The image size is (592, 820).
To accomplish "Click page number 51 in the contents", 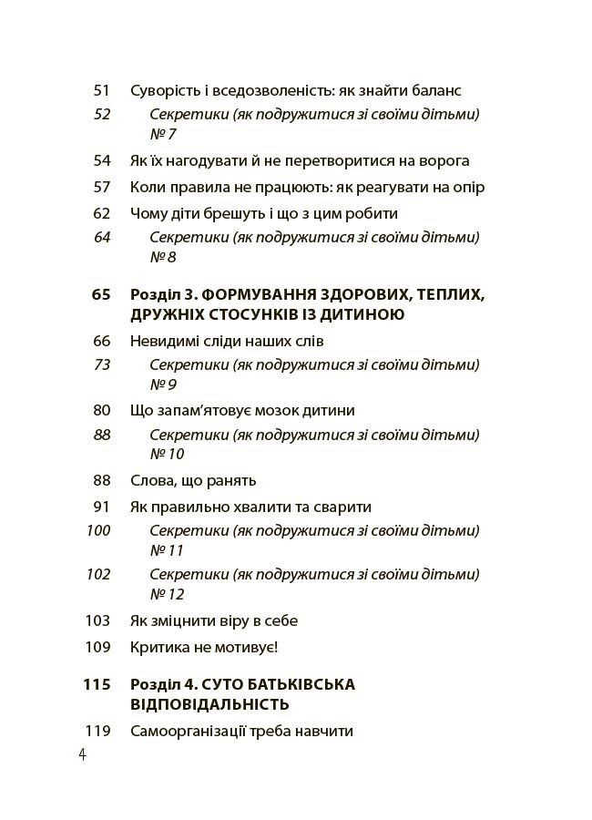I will [x=101, y=91].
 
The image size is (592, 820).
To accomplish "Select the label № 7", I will [x=163, y=134].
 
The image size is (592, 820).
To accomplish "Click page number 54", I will [x=101, y=161].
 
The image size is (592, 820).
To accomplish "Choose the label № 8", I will [x=163, y=257].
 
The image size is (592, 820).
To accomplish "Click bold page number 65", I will [x=100, y=294].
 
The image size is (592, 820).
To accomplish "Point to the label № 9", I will [x=163, y=384].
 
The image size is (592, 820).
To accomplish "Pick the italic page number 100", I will [x=97, y=531].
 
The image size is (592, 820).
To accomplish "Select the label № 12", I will [x=167, y=594].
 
